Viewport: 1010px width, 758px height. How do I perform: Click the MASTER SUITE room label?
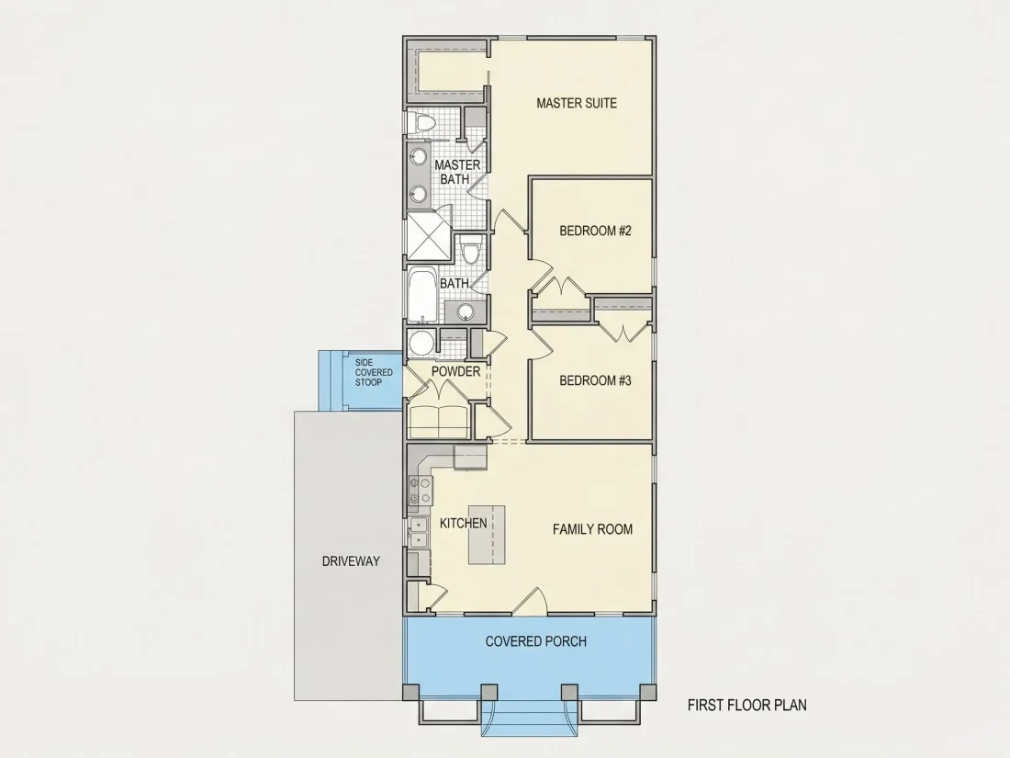(x=577, y=103)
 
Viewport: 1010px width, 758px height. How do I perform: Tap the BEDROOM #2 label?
(x=595, y=231)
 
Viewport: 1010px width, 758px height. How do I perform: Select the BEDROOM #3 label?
(x=595, y=380)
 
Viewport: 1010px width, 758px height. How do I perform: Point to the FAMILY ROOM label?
(x=592, y=529)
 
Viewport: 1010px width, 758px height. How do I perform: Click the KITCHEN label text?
(x=463, y=524)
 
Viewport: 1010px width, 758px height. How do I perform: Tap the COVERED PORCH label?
(x=536, y=641)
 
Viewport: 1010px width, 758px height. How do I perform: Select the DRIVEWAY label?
(x=351, y=561)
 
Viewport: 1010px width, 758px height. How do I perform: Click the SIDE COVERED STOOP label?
(x=374, y=372)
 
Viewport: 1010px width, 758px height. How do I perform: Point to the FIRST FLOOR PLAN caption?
(x=747, y=705)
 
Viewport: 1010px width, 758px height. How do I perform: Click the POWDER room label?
(x=456, y=372)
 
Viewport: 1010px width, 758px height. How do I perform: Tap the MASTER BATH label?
(x=456, y=172)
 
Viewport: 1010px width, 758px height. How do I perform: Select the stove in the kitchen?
(x=420, y=490)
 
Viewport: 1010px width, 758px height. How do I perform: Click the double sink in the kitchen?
(x=418, y=532)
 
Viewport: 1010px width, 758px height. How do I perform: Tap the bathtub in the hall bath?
(x=422, y=296)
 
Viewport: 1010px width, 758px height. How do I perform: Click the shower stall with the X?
(x=429, y=236)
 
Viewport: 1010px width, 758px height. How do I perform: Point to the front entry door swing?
(x=532, y=599)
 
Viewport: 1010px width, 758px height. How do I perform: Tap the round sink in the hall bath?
(x=466, y=312)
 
